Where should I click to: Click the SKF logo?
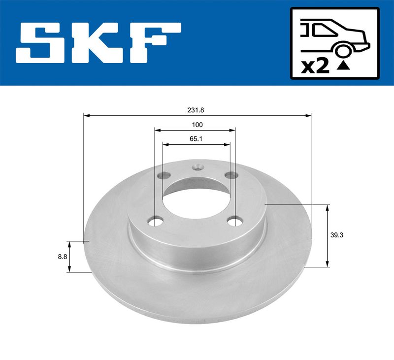98,43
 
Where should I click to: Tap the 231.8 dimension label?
196,110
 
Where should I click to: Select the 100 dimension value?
197,125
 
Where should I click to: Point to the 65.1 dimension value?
196,139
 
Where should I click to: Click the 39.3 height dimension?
337,235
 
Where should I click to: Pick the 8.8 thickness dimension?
63,257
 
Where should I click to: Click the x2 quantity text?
315,67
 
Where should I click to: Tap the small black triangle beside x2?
343,66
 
